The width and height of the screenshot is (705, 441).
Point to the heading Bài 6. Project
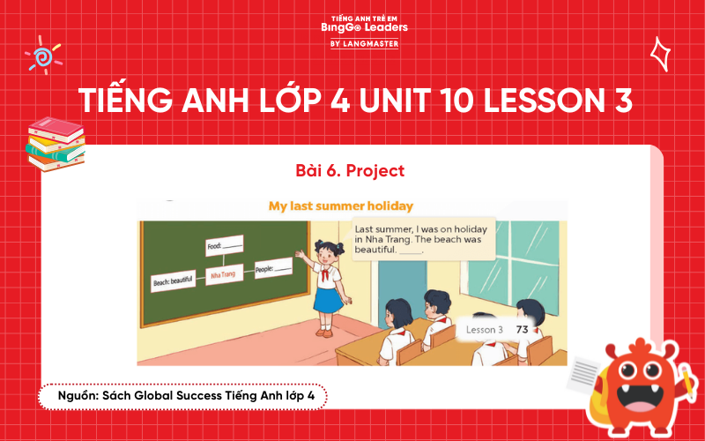[352, 168]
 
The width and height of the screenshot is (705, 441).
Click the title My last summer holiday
[341, 206]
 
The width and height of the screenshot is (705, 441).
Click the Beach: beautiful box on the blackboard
[173, 280]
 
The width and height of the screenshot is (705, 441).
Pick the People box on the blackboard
[273, 267]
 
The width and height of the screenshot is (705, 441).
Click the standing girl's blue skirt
[328, 297]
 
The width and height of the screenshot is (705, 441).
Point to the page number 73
[522, 329]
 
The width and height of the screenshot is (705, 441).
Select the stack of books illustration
[55, 143]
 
